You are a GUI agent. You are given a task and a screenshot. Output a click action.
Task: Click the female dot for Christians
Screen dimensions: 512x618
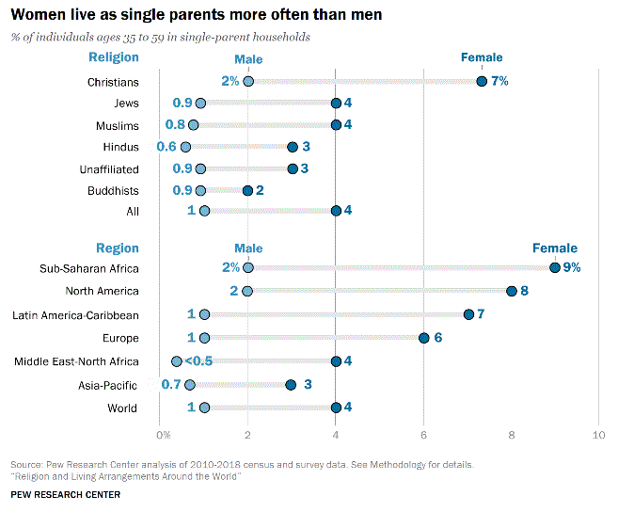[x=482, y=81]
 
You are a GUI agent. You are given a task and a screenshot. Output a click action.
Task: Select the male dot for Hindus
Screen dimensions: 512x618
[x=185, y=147]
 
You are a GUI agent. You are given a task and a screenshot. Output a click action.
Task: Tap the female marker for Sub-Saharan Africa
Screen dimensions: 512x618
[x=555, y=267]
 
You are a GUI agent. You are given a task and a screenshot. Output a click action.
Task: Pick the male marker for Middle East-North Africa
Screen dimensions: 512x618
[x=177, y=361]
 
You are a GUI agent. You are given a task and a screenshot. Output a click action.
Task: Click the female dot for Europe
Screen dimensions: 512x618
[x=424, y=338]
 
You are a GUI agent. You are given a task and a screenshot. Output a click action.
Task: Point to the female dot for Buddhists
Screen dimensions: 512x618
[x=247, y=190]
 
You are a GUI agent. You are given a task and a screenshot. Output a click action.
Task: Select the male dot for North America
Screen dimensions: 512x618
[x=247, y=291]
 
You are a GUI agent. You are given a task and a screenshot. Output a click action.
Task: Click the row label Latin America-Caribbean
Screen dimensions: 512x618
[x=75, y=315]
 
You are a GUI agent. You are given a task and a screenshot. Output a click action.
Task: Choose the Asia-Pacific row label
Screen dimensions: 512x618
[x=109, y=385]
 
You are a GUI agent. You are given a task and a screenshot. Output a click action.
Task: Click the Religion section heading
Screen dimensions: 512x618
[x=113, y=57]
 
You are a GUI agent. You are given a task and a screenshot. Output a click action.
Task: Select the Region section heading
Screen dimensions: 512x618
[x=117, y=248]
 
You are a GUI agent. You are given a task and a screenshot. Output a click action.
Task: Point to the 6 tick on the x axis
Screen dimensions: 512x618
[x=423, y=435]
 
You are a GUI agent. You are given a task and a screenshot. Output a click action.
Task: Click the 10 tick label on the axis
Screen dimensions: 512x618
[x=598, y=435]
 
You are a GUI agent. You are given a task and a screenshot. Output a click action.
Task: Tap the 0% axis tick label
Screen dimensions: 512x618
[x=163, y=435]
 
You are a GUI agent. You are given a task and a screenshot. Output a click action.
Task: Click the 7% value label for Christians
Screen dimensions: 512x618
[x=499, y=81]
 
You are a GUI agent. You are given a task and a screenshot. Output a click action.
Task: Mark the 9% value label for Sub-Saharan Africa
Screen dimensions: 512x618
[x=572, y=267]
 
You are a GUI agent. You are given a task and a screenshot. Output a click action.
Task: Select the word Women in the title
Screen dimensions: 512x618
[x=37, y=16]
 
